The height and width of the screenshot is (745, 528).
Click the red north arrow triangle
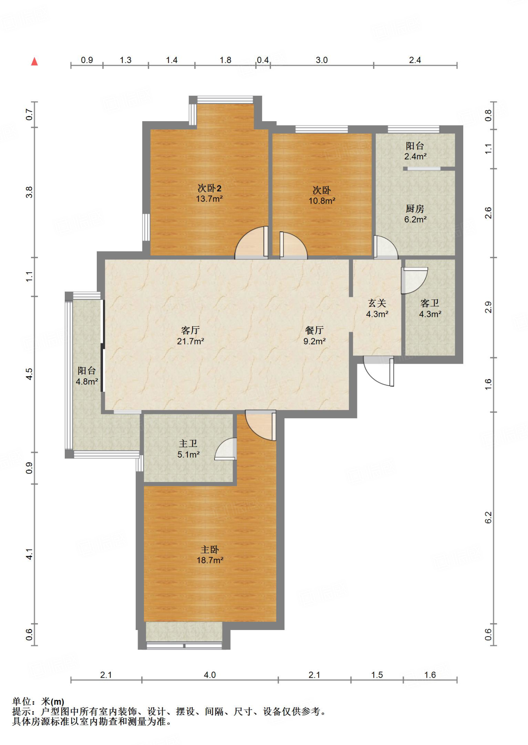[35, 61]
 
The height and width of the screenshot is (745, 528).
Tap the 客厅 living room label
[190, 330]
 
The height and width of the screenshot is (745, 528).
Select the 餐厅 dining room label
[314, 330]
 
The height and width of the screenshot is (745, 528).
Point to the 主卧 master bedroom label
[210, 549]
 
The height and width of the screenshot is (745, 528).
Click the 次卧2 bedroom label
[209, 188]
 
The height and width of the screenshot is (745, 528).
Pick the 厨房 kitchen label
[415, 209]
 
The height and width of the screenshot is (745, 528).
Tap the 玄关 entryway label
[377, 303]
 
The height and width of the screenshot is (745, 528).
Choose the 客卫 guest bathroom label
[430, 303]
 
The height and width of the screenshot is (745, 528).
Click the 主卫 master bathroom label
[188, 443]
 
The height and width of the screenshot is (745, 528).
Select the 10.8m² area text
[322, 200]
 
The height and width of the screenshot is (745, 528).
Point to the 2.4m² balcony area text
[415, 156]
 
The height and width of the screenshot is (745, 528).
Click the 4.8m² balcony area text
[87, 382]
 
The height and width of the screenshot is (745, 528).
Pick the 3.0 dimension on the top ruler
[322, 60]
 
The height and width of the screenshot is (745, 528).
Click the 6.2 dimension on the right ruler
[488, 517]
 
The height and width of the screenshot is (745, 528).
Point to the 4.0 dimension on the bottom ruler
[210, 675]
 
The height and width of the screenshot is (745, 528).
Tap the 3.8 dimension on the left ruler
[29, 192]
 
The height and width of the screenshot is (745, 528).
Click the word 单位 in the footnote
[21, 701]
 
